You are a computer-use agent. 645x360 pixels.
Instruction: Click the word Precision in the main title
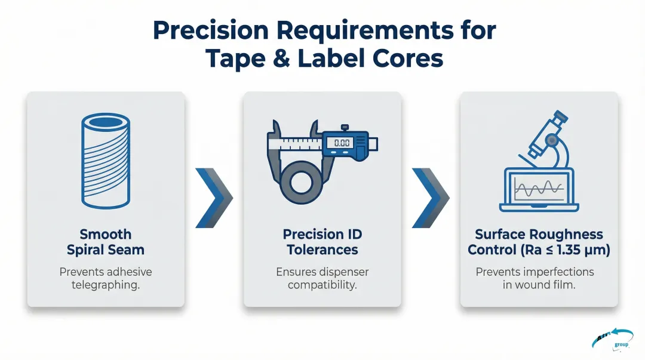(210, 30)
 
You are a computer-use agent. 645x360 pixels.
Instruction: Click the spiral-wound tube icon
(106, 161)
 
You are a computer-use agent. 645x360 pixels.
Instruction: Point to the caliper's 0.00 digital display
(342, 143)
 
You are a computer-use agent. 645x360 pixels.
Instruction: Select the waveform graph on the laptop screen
(539, 189)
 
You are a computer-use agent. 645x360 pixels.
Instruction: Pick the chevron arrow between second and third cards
(431, 198)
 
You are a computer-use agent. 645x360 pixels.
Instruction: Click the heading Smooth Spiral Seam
(106, 242)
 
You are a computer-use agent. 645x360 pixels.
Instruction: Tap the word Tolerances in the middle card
(322, 250)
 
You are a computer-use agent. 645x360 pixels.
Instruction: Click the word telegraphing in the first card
(106, 285)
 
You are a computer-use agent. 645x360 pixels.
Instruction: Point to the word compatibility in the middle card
(322, 285)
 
